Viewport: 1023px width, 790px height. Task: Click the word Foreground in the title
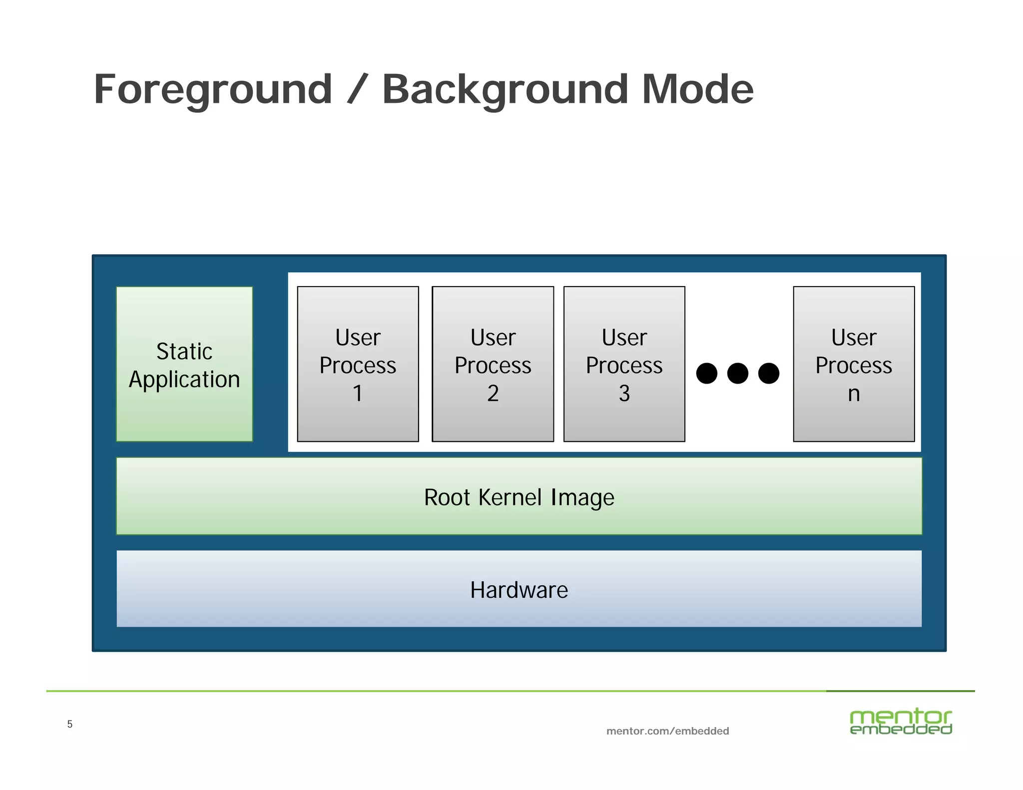[213, 90]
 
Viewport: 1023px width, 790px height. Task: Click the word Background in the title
[505, 90]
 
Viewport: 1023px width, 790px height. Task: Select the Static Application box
[184, 364]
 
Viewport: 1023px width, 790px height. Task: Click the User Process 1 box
[358, 364]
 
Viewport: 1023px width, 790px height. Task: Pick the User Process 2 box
[493, 364]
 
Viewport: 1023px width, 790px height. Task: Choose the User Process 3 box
[624, 364]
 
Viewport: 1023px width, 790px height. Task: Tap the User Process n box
[854, 364]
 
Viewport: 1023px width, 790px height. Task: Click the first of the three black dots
[706, 373]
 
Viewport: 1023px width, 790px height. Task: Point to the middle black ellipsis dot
[737, 373]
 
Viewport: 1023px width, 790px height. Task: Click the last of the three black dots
[768, 373]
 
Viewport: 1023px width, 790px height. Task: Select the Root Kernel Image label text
[519, 497]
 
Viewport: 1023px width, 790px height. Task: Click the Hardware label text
[519, 590]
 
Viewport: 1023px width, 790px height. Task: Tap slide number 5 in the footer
[70, 724]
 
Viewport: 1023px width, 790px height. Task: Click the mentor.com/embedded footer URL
[667, 731]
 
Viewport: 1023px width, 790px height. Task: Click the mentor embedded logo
[901, 722]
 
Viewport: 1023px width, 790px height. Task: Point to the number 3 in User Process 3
[624, 394]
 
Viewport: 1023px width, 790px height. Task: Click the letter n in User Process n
[854, 394]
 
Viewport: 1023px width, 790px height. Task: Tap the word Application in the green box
[184, 380]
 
